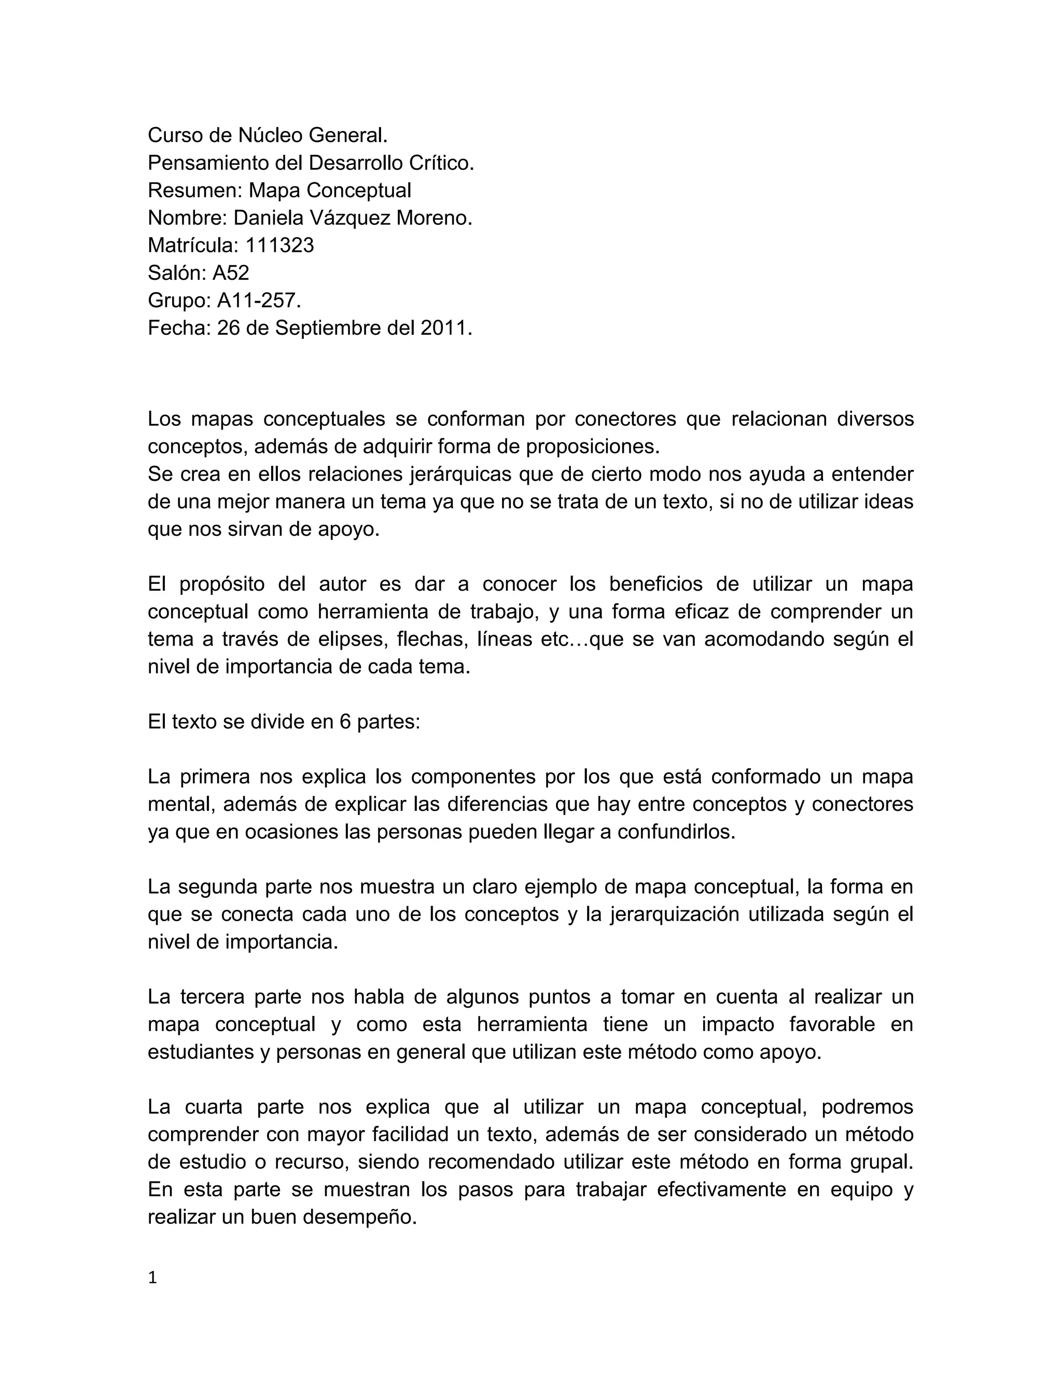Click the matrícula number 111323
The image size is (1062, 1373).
280,245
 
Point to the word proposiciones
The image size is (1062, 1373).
592,446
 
